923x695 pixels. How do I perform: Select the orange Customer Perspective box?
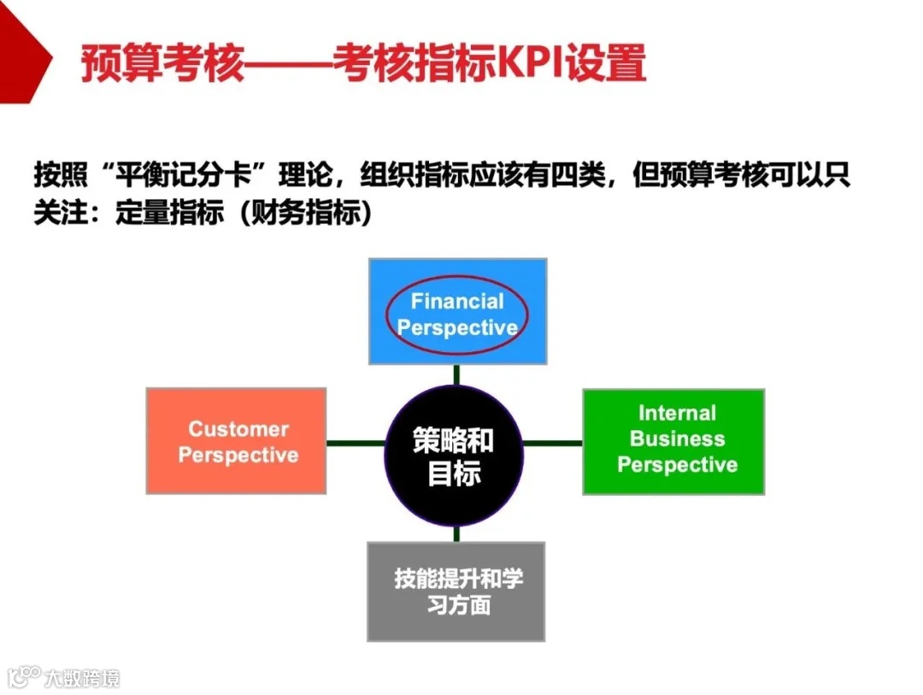click(236, 441)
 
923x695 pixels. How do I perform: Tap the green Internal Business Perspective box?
click(673, 441)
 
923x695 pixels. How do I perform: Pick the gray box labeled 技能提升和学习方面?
click(456, 592)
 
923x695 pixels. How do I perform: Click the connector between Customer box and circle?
click(356, 443)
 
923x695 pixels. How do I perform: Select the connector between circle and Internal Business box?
click(552, 443)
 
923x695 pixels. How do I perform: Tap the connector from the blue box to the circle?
click(457, 374)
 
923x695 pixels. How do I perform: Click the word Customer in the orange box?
click(238, 429)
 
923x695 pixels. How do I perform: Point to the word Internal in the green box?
click(677, 414)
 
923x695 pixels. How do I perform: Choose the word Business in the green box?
click(677, 439)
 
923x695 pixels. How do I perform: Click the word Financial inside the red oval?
click(457, 302)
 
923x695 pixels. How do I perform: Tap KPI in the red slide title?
click(525, 63)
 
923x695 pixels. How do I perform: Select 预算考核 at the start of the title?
click(163, 63)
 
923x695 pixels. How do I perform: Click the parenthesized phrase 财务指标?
click(306, 212)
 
